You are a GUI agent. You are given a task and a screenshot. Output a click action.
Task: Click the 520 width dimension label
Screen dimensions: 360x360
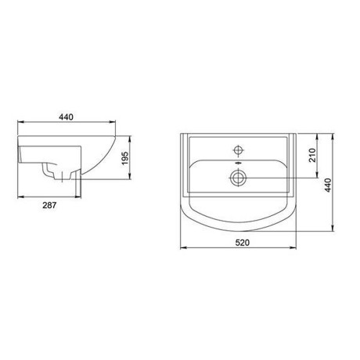243,243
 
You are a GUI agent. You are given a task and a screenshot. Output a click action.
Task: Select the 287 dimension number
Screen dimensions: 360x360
49,205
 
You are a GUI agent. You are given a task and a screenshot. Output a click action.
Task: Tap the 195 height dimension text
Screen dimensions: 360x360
125,158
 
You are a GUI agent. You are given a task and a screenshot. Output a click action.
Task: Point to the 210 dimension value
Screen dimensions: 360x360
312,155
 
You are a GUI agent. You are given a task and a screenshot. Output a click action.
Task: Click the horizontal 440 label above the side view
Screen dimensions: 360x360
66,117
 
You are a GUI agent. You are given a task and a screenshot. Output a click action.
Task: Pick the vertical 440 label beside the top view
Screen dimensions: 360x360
328,185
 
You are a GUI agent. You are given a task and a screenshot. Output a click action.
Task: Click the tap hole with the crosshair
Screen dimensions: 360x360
238,150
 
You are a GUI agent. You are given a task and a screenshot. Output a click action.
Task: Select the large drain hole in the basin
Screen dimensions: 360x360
238,178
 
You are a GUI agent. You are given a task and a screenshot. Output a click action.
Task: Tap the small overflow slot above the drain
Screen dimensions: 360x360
238,163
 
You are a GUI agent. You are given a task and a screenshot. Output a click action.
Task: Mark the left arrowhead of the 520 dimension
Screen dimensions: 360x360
182,247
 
